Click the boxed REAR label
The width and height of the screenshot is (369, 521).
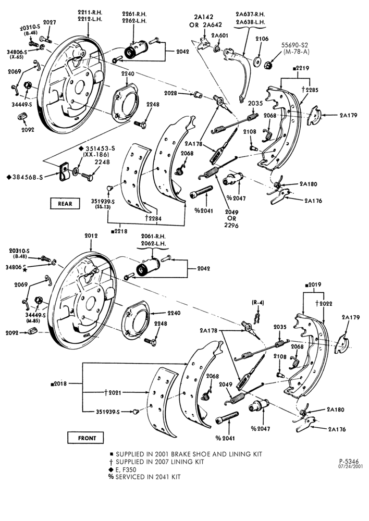coord(65,203)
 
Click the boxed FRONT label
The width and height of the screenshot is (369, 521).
coord(86,438)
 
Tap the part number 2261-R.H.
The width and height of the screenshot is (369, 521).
coord(134,14)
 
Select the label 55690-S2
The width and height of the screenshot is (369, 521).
coord(296,45)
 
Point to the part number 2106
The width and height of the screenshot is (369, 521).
coord(262,39)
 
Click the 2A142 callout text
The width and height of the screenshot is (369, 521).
coord(203,17)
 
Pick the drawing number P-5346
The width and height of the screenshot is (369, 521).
coord(349,461)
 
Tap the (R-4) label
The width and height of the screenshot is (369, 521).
coord(257,303)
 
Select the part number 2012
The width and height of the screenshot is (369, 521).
coord(91,235)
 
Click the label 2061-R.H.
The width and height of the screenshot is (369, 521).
coord(153,236)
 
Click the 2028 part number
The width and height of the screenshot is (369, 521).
coord(171,94)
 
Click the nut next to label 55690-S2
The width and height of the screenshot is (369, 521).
coord(268,64)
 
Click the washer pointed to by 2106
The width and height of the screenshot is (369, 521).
coord(256,62)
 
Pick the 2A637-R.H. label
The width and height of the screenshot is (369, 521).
coord(250,14)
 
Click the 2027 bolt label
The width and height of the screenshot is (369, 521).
coord(50,22)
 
